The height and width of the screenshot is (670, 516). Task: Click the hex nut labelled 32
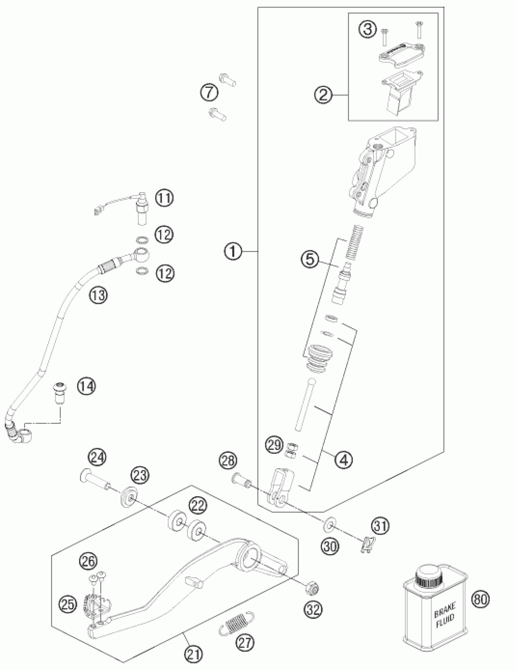tap(313, 586)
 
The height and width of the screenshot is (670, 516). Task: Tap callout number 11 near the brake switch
tap(164, 198)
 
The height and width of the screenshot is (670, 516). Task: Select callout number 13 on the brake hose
tap(98, 295)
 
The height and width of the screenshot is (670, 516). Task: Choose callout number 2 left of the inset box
tap(323, 96)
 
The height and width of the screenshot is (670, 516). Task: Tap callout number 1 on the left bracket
tap(233, 252)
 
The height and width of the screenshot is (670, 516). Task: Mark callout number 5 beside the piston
tap(310, 260)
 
